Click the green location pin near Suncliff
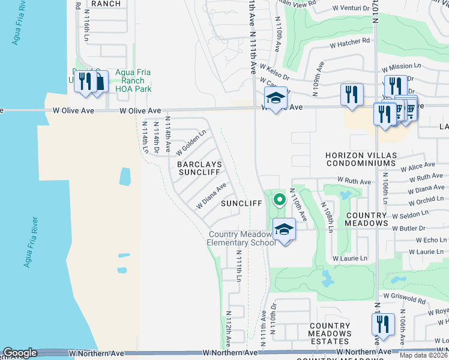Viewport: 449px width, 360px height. (x=279, y=199)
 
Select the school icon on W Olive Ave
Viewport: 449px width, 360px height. (x=276, y=98)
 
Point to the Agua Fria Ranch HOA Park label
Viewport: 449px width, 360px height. (x=126, y=80)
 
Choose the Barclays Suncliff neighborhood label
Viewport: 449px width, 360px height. (x=199, y=168)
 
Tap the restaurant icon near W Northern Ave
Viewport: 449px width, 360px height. (x=382, y=325)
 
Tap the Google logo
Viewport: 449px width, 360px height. (x=20, y=353)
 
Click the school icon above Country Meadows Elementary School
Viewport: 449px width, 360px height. (x=285, y=229)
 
